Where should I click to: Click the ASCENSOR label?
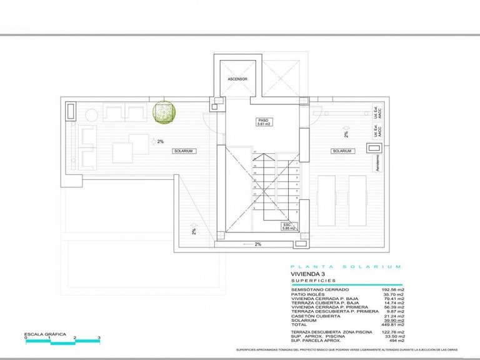click(x=237, y=80)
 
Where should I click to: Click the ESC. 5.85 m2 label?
click(x=287, y=227)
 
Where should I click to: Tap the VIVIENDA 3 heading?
click(x=309, y=274)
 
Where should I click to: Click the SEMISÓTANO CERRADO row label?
click(x=319, y=290)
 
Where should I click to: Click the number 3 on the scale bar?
click(x=99, y=338)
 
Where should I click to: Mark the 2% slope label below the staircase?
click(x=257, y=244)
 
